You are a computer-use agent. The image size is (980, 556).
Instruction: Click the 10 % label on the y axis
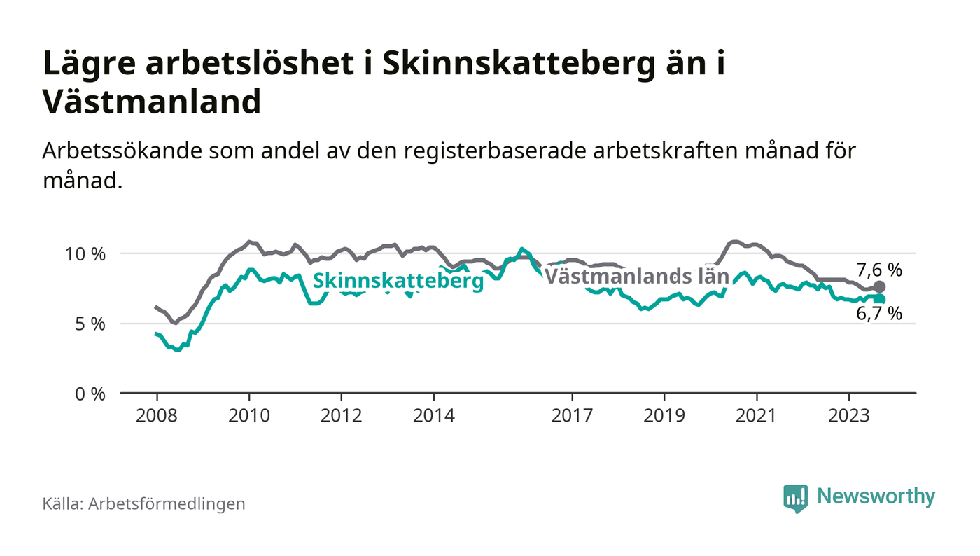[85, 254]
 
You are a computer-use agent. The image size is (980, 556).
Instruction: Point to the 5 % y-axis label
[90, 324]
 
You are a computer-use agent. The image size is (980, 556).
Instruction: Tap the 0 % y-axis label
[90, 394]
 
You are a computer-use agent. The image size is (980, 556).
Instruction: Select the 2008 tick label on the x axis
[157, 415]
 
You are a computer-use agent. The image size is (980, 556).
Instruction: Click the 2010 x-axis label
[249, 415]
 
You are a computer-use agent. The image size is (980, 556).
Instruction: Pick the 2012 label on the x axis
[342, 415]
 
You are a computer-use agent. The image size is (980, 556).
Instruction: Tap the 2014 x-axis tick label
[433, 415]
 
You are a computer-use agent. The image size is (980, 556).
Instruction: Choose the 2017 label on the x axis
[572, 415]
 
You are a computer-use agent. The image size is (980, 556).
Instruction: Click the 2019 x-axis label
[664, 415]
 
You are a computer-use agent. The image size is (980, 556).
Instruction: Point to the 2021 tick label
[757, 415]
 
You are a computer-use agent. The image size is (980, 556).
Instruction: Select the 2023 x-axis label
[848, 415]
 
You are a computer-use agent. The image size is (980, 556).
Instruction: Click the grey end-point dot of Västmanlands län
[879, 287]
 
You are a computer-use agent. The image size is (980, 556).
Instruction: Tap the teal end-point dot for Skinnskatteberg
[879, 300]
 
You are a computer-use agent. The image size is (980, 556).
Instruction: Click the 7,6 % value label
[879, 270]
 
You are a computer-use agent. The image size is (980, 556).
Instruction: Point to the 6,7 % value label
[879, 314]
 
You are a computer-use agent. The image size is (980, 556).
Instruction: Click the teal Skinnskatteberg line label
[398, 281]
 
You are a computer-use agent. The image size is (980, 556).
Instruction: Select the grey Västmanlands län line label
[636, 277]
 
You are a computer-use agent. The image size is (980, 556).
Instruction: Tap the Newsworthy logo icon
[795, 499]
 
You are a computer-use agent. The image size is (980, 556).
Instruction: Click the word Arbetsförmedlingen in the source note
[167, 504]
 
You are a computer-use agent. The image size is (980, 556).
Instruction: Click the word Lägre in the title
[90, 64]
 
